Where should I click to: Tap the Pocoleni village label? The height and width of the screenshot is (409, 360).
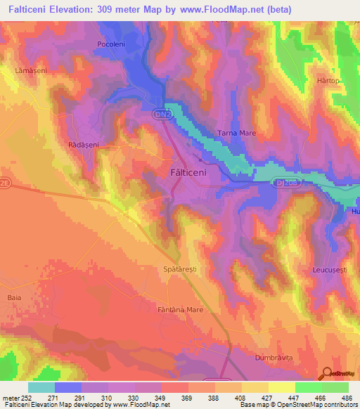point(110,44)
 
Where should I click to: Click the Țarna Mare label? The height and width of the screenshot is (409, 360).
point(237,133)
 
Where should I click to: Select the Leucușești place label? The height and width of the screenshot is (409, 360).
point(330,270)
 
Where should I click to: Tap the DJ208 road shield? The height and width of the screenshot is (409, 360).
point(281,183)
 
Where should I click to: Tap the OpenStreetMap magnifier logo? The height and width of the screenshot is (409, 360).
point(328,374)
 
